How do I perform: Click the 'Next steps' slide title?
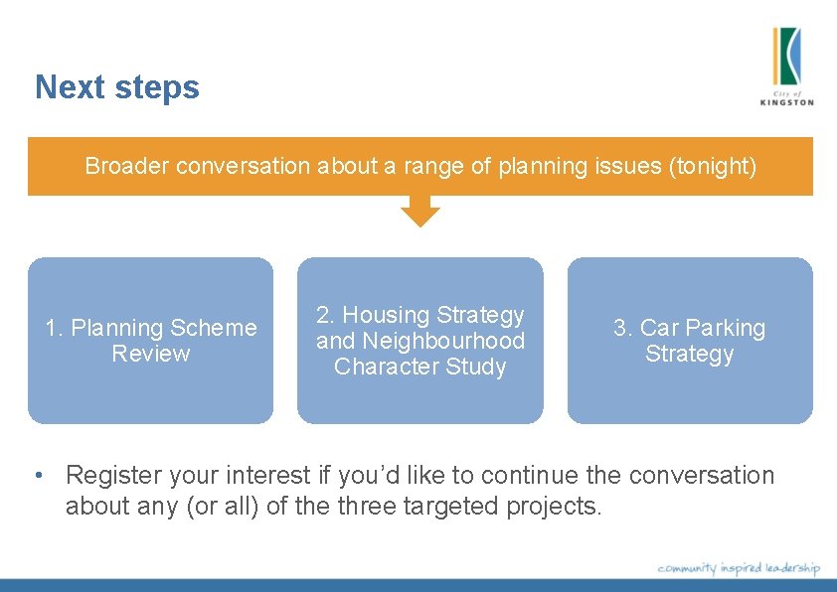pos(117,87)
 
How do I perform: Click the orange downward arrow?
pos(420,211)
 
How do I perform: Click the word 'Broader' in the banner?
pos(127,166)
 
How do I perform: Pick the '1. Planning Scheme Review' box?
pos(150,341)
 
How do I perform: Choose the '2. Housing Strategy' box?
pos(420,341)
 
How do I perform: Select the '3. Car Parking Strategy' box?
pos(690,341)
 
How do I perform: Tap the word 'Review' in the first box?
pos(151,354)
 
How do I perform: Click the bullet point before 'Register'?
pos(38,476)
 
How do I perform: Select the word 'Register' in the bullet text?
pos(111,476)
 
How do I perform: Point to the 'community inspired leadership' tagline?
pos(739,567)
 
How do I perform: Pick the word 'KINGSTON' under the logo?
pos(786,101)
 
